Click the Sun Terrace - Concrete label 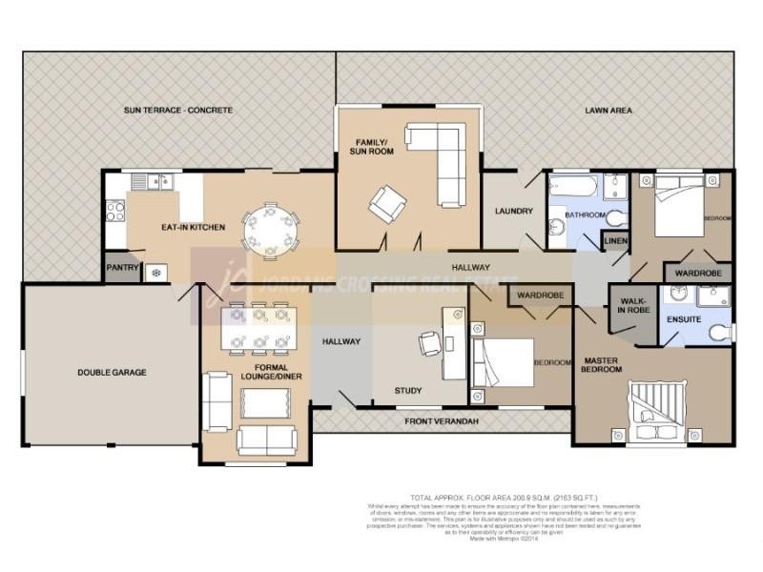pyautogui.click(x=177, y=111)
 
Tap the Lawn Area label pyautogui.click(x=608, y=111)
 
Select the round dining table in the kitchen pyautogui.click(x=270, y=232)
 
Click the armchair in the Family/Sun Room pyautogui.click(x=388, y=202)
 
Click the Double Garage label pyautogui.click(x=112, y=373)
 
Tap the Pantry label pyautogui.click(x=122, y=269)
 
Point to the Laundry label pyautogui.click(x=512, y=211)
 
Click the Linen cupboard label pyautogui.click(x=615, y=241)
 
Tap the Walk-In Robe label pyautogui.click(x=633, y=306)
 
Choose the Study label pyautogui.click(x=408, y=390)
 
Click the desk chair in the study pyautogui.click(x=429, y=342)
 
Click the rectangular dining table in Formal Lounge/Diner pyautogui.click(x=257, y=326)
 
